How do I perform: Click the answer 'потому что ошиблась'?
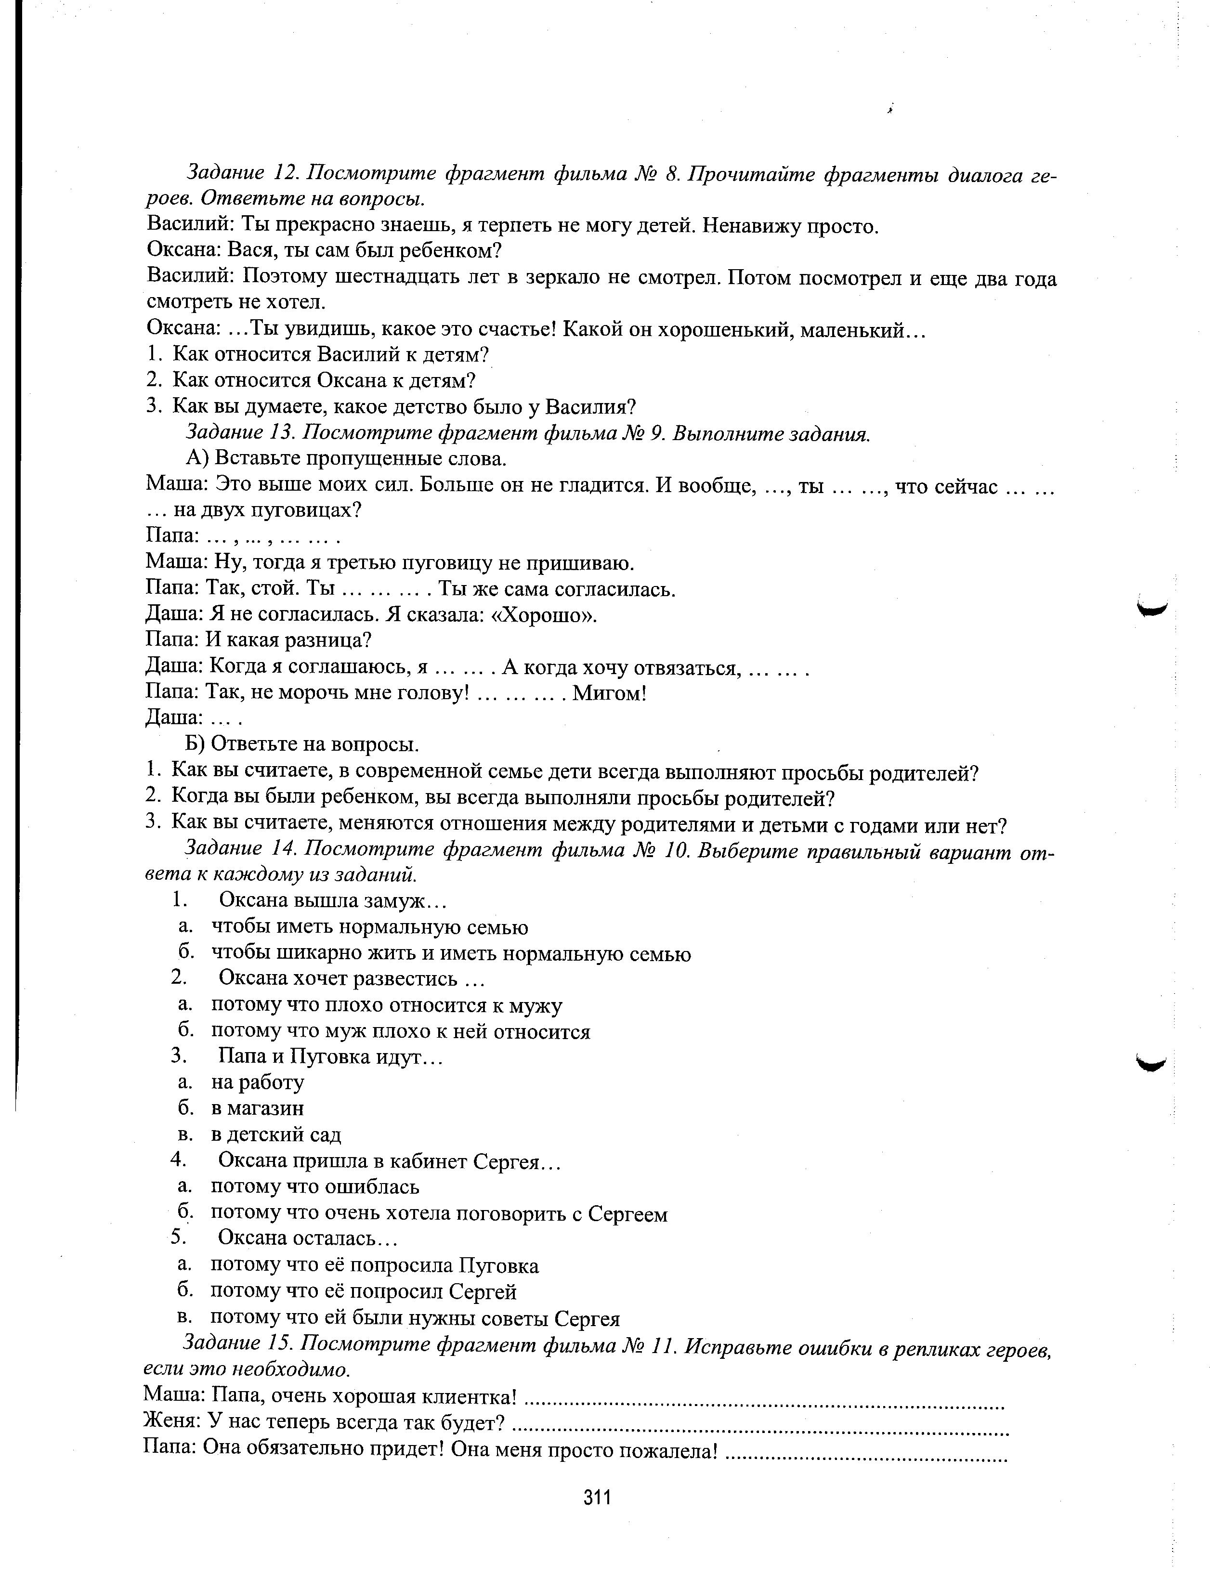315,1186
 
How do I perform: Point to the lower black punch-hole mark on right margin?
1151,1065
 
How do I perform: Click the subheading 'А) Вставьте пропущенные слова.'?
346,458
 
